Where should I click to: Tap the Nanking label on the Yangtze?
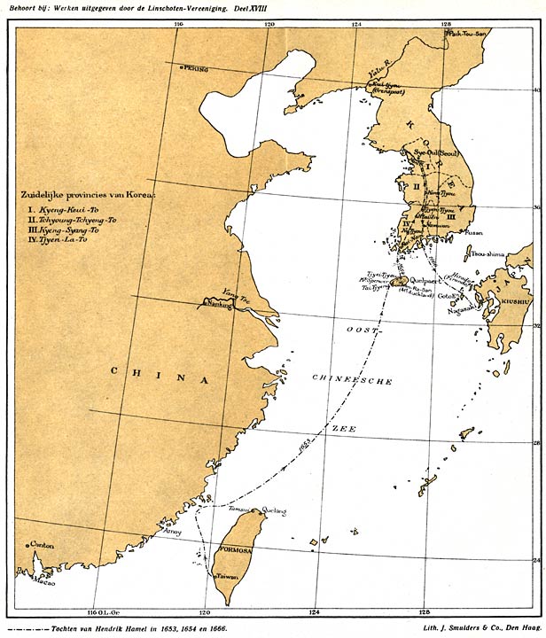point(219,303)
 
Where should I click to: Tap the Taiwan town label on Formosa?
point(231,576)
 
